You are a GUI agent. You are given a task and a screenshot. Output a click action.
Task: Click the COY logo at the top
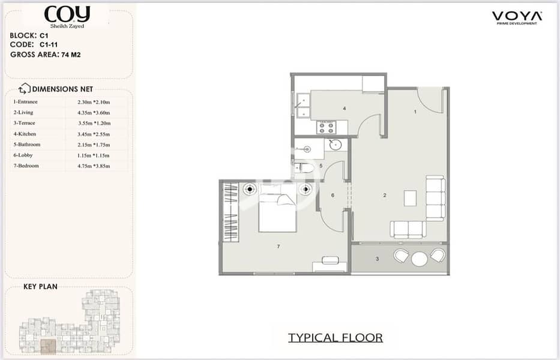pos(67,17)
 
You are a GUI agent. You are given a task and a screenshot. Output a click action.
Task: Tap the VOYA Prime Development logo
pos(517,18)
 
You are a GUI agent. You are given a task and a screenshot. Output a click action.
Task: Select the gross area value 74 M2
pos(71,55)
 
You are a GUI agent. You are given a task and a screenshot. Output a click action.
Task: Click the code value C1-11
pos(49,44)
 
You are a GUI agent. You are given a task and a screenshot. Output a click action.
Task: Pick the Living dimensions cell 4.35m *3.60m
pos(94,113)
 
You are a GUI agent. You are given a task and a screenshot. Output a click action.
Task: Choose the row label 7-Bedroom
pos(26,166)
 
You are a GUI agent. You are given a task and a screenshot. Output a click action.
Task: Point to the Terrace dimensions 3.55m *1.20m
pos(94,123)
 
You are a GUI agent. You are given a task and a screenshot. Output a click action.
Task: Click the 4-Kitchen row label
pos(25,134)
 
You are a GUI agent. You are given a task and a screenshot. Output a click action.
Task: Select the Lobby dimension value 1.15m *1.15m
pos(93,156)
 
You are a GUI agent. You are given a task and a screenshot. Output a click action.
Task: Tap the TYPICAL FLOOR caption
pos(336,337)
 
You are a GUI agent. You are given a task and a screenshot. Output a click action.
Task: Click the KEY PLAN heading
pos(40,286)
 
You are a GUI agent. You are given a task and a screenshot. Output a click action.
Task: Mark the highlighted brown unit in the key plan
pos(48,347)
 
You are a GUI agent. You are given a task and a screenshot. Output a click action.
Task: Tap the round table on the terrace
pos(420,259)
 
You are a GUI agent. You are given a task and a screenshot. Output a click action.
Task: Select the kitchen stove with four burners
pos(326,127)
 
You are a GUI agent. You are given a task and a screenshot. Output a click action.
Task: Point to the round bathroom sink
pos(336,145)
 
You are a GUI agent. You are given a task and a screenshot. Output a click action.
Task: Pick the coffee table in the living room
pos(410,198)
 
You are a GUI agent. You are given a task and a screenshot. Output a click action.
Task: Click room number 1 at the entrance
pos(415,112)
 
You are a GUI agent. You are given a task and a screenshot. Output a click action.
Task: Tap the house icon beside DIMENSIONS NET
pos(24,88)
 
